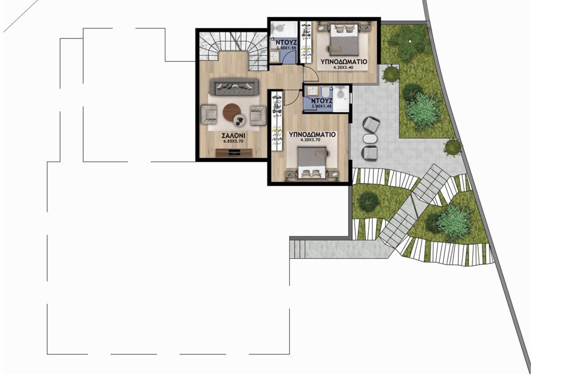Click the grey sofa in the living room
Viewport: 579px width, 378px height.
click(x=234, y=88)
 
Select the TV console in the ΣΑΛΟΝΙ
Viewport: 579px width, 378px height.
click(x=233, y=152)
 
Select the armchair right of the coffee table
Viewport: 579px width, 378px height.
click(x=257, y=115)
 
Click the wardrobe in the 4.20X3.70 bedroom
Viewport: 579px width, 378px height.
click(x=276, y=120)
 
